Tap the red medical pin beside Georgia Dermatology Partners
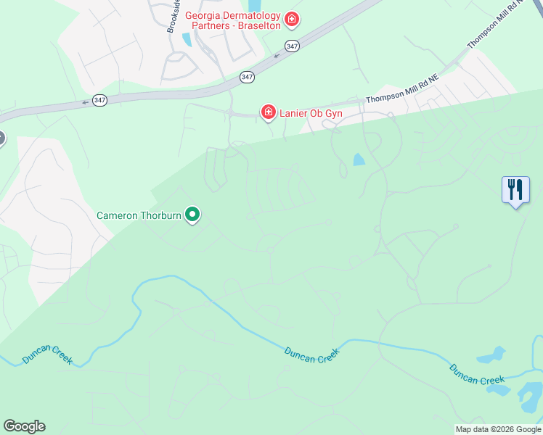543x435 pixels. [292, 18]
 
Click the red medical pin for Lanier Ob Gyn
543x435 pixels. [269, 112]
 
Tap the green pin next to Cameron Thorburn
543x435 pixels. [192, 214]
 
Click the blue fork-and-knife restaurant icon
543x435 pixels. [515, 190]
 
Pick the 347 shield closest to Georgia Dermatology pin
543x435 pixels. [292, 46]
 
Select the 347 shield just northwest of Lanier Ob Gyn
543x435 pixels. [247, 76]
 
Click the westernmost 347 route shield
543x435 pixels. [99, 100]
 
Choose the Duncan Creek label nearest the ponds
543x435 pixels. [476, 374]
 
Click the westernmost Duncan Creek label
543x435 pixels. [47, 355]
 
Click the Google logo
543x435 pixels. [24, 426]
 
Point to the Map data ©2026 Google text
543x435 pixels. [498, 429]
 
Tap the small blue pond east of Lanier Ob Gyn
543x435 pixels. [359, 159]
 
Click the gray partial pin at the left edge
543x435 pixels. [1, 138]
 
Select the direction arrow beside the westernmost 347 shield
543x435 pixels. [86, 102]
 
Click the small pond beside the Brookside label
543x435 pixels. [188, 40]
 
